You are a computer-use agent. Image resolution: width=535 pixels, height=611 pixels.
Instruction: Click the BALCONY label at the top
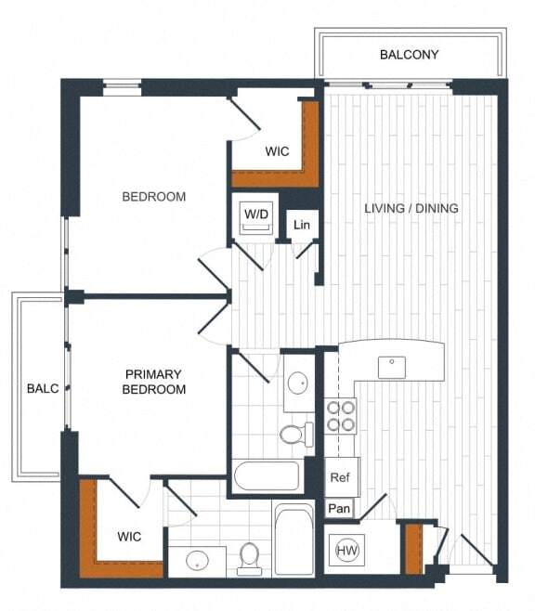pyautogui.click(x=409, y=55)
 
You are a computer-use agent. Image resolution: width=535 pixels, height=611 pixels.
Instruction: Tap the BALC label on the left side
pyautogui.click(x=43, y=388)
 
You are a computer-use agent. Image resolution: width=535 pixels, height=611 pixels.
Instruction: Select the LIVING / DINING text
pyautogui.click(x=411, y=208)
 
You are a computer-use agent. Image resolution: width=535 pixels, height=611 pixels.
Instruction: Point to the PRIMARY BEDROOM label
pyautogui.click(x=154, y=382)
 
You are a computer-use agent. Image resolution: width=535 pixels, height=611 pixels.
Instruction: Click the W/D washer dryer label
pyautogui.click(x=256, y=215)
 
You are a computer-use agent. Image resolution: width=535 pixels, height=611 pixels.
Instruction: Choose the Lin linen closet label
pyautogui.click(x=301, y=225)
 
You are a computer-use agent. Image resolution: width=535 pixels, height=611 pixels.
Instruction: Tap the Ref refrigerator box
pyautogui.click(x=340, y=476)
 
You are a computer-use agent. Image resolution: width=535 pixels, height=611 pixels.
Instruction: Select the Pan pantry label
pyautogui.click(x=339, y=509)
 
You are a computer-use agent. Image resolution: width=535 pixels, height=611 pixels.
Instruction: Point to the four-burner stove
pyautogui.click(x=341, y=415)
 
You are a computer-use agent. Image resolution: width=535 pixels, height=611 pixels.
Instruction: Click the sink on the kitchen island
pyautogui.click(x=391, y=365)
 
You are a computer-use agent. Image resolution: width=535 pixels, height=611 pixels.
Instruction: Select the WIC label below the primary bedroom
pyautogui.click(x=129, y=536)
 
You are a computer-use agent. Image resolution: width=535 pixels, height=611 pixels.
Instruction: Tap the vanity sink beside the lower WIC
pyautogui.click(x=197, y=561)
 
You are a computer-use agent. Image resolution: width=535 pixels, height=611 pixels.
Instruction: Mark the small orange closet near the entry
pyautogui.click(x=413, y=548)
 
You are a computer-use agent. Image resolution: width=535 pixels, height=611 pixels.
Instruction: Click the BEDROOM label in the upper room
pyautogui.click(x=154, y=197)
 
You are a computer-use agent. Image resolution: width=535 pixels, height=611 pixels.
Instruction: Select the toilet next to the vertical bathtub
pyautogui.click(x=248, y=557)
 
